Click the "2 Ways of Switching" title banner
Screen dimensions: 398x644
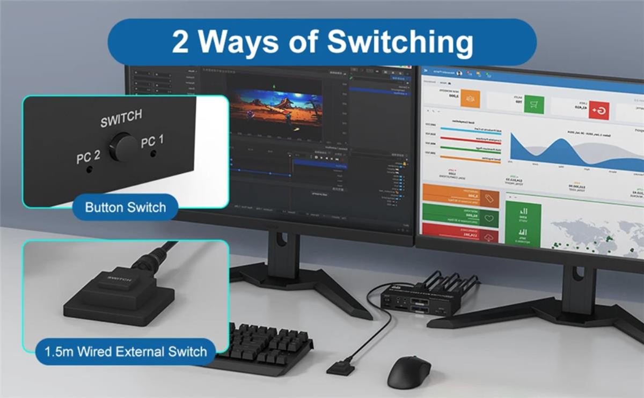pos(322,42)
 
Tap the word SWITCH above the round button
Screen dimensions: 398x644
pos(121,119)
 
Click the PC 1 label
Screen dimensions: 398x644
pos(152,142)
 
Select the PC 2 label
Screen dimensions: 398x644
pos(88,157)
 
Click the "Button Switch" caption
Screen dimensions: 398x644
pos(126,207)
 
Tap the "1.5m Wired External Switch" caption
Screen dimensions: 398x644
pos(126,352)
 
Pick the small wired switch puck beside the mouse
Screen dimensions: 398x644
pos(340,370)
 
